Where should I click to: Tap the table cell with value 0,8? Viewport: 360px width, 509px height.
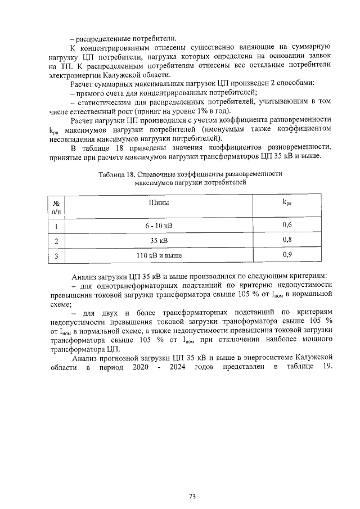pyautogui.click(x=287, y=240)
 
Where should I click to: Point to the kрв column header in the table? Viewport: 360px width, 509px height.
pyautogui.click(x=287, y=201)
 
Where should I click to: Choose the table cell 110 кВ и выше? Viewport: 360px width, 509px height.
pyautogui.click(x=159, y=255)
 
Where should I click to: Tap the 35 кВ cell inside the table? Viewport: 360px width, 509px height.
pyautogui.click(x=159, y=241)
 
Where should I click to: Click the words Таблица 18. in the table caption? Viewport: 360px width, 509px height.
pyautogui.click(x=118, y=174)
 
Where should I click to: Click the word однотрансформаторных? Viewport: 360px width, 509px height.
pyautogui.click(x=133, y=285)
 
